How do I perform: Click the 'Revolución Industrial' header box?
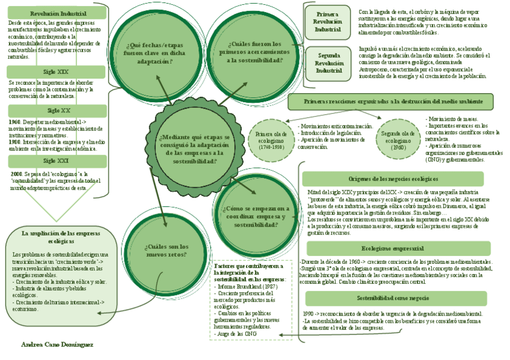coord(58,13)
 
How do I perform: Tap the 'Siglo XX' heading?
coord(58,111)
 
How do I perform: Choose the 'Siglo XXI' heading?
coord(58,161)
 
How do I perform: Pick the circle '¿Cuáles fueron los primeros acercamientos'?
coord(254,52)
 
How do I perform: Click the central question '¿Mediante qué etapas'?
coord(194,145)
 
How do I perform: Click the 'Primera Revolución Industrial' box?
coord(327,22)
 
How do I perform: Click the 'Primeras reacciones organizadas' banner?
coord(390,102)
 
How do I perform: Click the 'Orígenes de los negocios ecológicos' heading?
coord(393,179)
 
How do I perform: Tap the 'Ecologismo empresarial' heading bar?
coord(393,248)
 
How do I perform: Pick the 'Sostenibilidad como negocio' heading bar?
coord(393,298)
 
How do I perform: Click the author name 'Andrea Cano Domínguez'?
coord(57,345)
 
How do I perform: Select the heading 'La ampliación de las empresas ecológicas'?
coord(61,237)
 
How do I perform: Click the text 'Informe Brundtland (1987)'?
coord(245,287)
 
